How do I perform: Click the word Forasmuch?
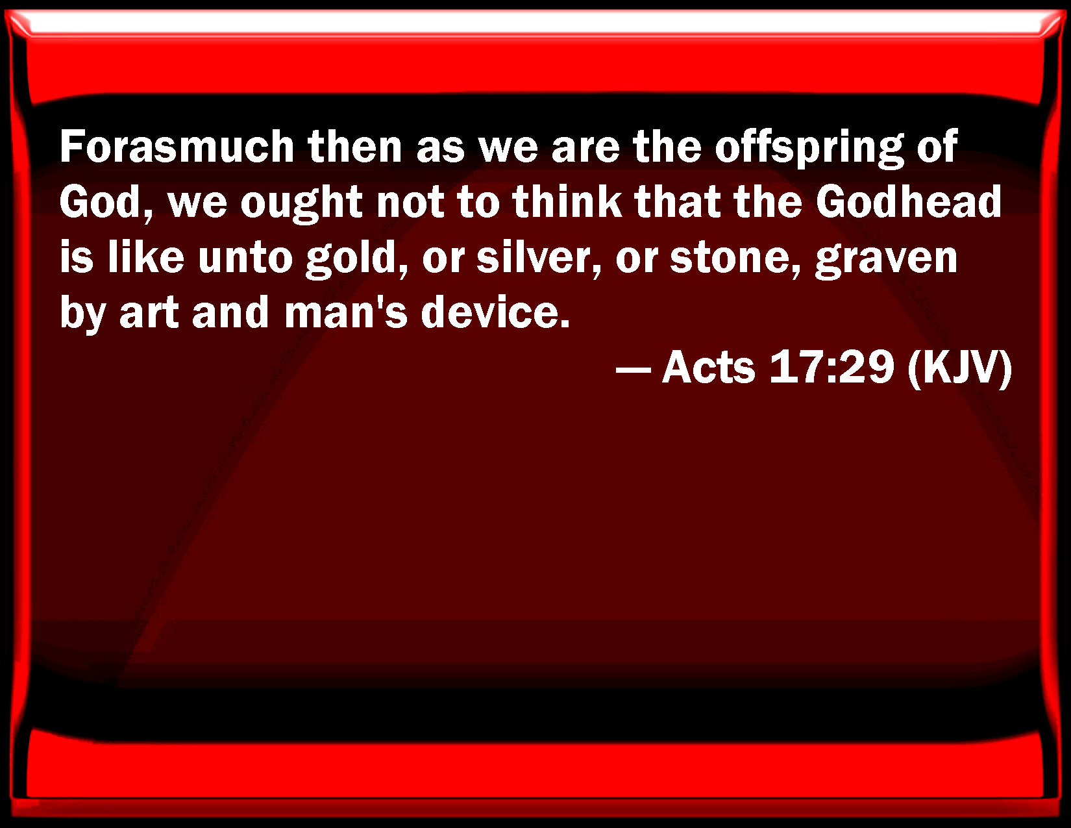pos(177,146)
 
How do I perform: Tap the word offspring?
pos(809,149)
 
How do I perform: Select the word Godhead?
pos(908,201)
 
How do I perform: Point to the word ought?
pos(301,204)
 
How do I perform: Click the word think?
pos(567,201)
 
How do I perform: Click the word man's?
pos(346,312)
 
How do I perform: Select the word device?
pos(495,312)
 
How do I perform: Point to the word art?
pos(149,314)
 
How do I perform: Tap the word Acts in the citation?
pos(708,367)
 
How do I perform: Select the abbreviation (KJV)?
pos(959,368)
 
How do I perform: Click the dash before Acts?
pos(634,370)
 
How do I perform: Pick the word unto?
pos(245,258)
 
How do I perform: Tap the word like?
pos(146,257)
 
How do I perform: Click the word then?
pos(355,146)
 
